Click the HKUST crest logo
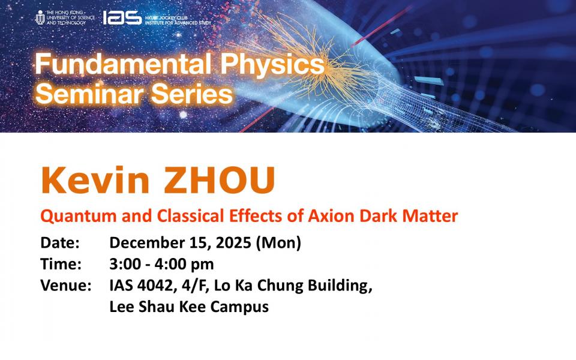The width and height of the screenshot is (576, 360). pyautogui.click(x=40, y=17)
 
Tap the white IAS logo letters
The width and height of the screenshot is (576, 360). pyautogui.click(x=122, y=17)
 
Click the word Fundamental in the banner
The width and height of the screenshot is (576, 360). pyautogui.click(x=123, y=64)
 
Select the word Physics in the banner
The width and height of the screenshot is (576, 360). pyautogui.click(x=272, y=65)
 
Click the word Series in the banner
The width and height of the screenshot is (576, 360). pyautogui.click(x=192, y=94)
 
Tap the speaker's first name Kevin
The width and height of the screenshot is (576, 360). pyautogui.click(x=95, y=180)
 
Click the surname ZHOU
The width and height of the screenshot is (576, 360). pyautogui.click(x=220, y=181)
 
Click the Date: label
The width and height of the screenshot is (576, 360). pyautogui.click(x=60, y=243)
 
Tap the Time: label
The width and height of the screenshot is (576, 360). pyautogui.click(x=61, y=264)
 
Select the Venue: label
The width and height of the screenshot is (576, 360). pyautogui.click(x=66, y=286)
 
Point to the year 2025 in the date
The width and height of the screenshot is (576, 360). pyautogui.click(x=233, y=243)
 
